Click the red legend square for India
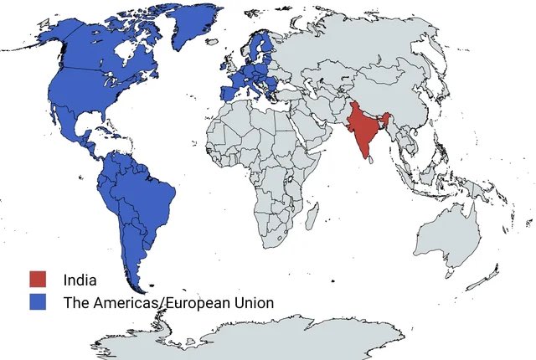[x=36, y=279]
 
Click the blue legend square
[x=36, y=301]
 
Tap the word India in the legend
[x=80, y=280]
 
